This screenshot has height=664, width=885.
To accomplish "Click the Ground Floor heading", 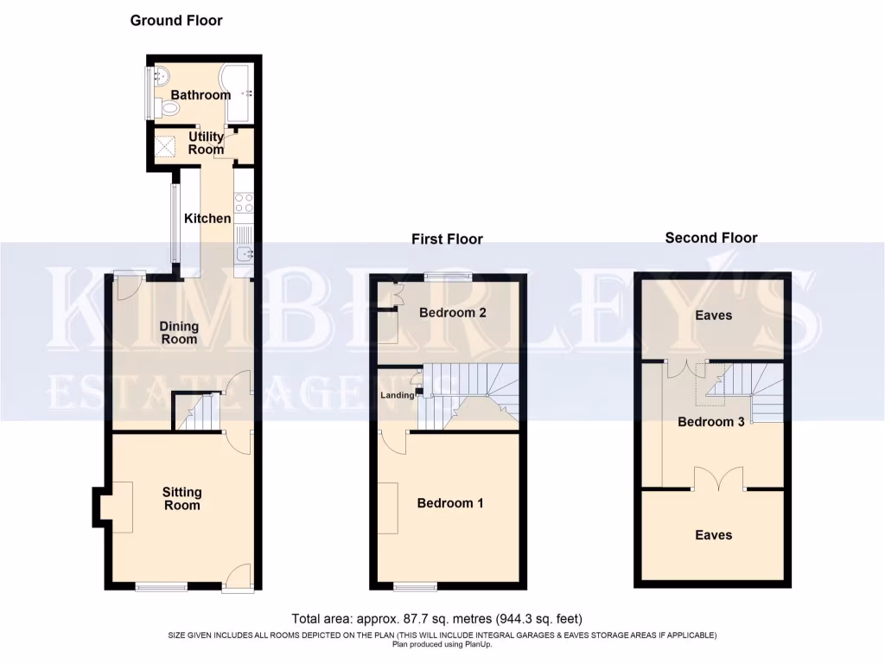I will tap(176, 20).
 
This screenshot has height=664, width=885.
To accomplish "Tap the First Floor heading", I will tap(447, 239).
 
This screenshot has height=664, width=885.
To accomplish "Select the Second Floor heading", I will tap(710, 238).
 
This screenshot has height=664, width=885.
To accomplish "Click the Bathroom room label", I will tap(201, 94).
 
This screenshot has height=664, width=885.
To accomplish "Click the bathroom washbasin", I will tap(159, 75).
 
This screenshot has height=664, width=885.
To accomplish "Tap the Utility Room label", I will tap(206, 143).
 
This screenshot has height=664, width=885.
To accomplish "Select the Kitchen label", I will tap(207, 219).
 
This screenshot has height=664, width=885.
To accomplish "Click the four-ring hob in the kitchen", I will tap(244, 202).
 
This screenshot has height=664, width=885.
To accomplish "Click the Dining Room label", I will tap(179, 333).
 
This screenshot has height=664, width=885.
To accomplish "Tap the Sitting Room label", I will tap(181, 499).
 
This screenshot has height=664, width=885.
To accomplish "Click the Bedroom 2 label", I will tap(452, 312).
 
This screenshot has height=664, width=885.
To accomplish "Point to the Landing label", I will tap(397, 396).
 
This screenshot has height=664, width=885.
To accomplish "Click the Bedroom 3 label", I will tap(710, 422).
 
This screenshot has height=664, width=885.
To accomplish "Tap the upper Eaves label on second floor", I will tap(714, 316).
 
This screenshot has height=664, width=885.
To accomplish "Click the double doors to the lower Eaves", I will tap(719, 480).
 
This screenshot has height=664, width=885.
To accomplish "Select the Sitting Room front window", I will tap(162, 588).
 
